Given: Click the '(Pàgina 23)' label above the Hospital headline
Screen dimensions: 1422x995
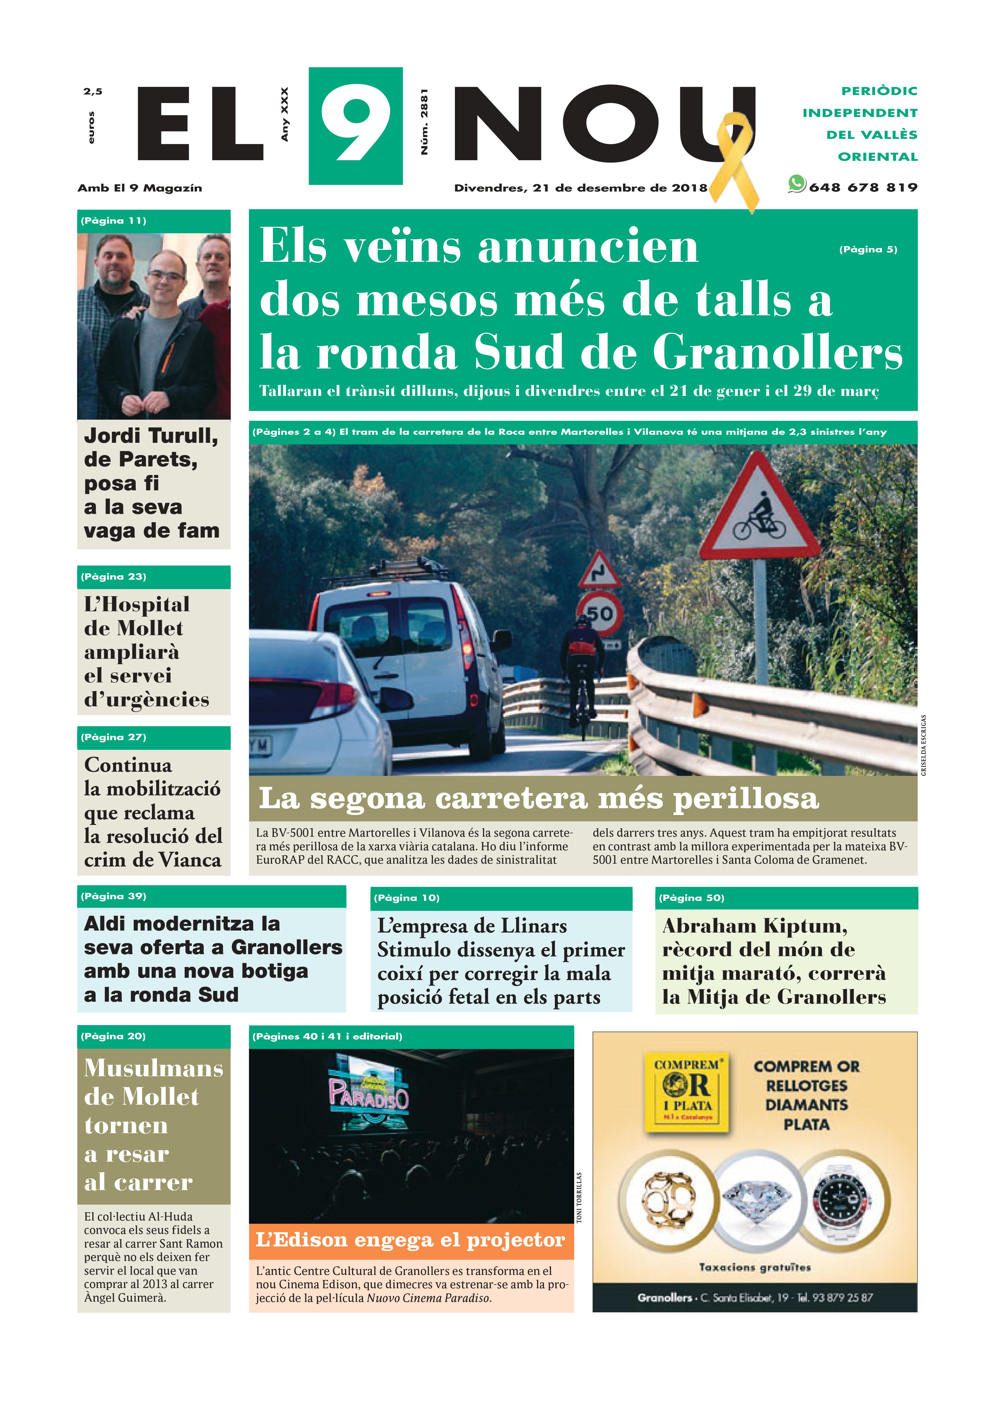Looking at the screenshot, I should [113, 577].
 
